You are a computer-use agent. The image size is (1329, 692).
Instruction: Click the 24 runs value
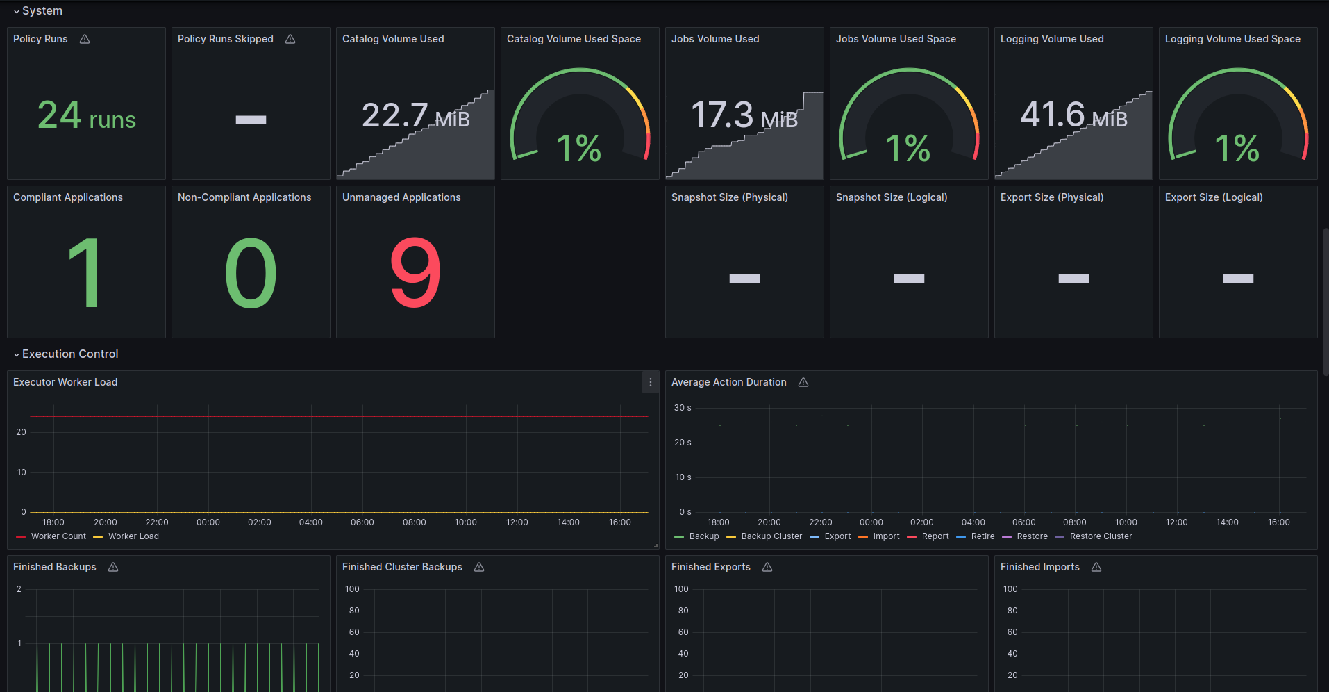(87, 115)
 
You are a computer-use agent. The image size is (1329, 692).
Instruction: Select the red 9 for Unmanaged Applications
(415, 273)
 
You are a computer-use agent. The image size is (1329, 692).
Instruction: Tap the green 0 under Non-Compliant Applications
(251, 273)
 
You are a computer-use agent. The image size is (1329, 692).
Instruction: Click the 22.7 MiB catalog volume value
(415, 115)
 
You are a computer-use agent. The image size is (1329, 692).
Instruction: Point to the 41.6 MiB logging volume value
(1073, 115)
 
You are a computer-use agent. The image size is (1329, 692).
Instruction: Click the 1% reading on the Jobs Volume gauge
(908, 148)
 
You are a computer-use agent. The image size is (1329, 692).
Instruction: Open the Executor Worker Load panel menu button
(651, 382)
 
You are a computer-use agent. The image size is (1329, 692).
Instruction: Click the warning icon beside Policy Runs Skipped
(290, 39)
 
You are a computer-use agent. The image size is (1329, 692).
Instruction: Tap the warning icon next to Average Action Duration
(803, 382)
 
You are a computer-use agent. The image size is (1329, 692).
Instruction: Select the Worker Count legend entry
(51, 536)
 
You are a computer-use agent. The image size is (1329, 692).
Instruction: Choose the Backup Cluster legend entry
(764, 536)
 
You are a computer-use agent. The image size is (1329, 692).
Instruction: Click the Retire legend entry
(976, 536)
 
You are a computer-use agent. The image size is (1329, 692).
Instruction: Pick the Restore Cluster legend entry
(1094, 536)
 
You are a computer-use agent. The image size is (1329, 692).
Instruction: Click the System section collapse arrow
(17, 12)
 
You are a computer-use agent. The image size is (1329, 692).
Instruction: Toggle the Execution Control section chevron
(17, 355)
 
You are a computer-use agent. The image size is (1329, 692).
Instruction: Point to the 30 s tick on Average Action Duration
(683, 408)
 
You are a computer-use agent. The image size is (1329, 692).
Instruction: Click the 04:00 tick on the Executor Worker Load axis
(311, 522)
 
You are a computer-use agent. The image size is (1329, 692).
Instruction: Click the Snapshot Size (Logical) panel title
(892, 197)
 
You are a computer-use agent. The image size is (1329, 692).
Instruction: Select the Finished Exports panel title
(711, 567)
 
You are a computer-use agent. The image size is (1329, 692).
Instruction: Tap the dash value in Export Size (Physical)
(1073, 279)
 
